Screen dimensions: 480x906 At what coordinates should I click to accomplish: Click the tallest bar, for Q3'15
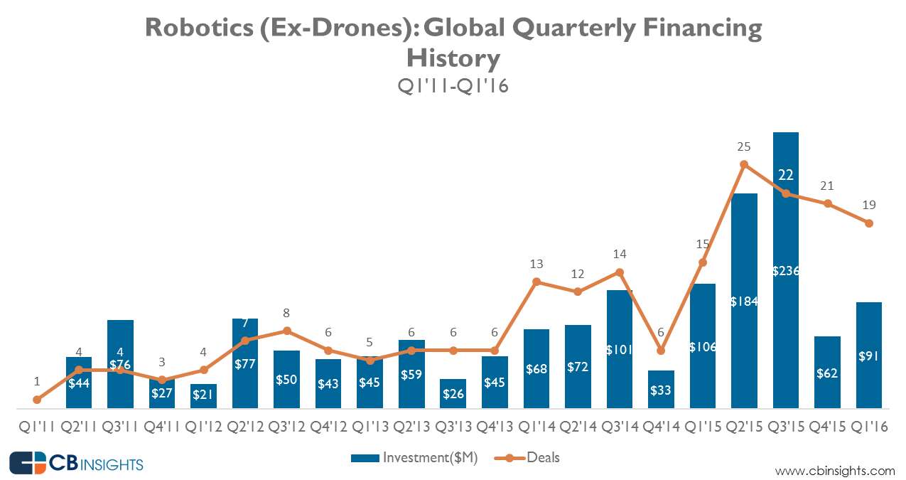point(785,213)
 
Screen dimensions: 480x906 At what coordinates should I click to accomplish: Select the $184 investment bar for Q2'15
point(744,249)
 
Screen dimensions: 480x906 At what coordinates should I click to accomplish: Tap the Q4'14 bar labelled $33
point(661,390)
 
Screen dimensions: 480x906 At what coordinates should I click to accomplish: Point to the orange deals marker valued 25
point(744,164)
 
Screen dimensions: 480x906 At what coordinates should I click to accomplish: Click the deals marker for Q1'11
point(37,400)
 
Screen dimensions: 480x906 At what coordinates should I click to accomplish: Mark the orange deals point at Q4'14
point(661,350)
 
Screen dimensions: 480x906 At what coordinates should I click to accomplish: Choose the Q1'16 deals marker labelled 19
point(868,223)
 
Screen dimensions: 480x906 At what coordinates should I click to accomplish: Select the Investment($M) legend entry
point(414,458)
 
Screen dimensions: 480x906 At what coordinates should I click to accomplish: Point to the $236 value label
point(785,270)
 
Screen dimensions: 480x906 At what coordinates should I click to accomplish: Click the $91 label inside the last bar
point(869,356)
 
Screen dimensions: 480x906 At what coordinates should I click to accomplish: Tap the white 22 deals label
point(785,175)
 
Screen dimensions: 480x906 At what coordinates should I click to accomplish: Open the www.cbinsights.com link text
point(835,470)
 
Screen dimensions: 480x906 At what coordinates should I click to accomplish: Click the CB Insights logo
point(76,464)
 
